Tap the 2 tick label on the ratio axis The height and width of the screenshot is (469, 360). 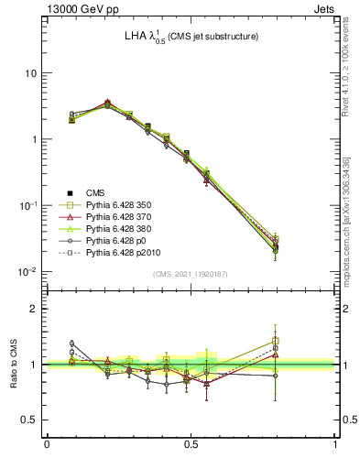click(34, 310)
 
